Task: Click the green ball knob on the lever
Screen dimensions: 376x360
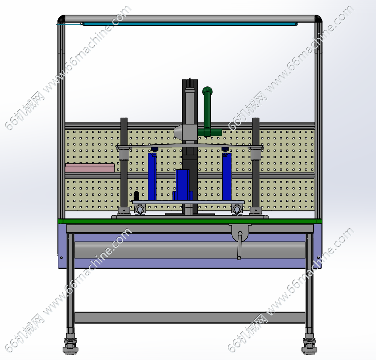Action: tap(208, 91)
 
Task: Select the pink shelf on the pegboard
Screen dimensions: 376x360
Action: tap(90, 168)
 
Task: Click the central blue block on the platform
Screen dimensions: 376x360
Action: tap(183, 185)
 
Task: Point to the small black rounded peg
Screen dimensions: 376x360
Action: tap(136, 196)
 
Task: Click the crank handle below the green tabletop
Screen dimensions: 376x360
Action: tap(239, 245)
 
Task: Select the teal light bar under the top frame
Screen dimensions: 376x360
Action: tap(190, 24)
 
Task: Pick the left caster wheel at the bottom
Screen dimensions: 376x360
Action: tap(70, 345)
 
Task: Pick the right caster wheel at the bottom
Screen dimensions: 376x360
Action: tap(309, 345)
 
